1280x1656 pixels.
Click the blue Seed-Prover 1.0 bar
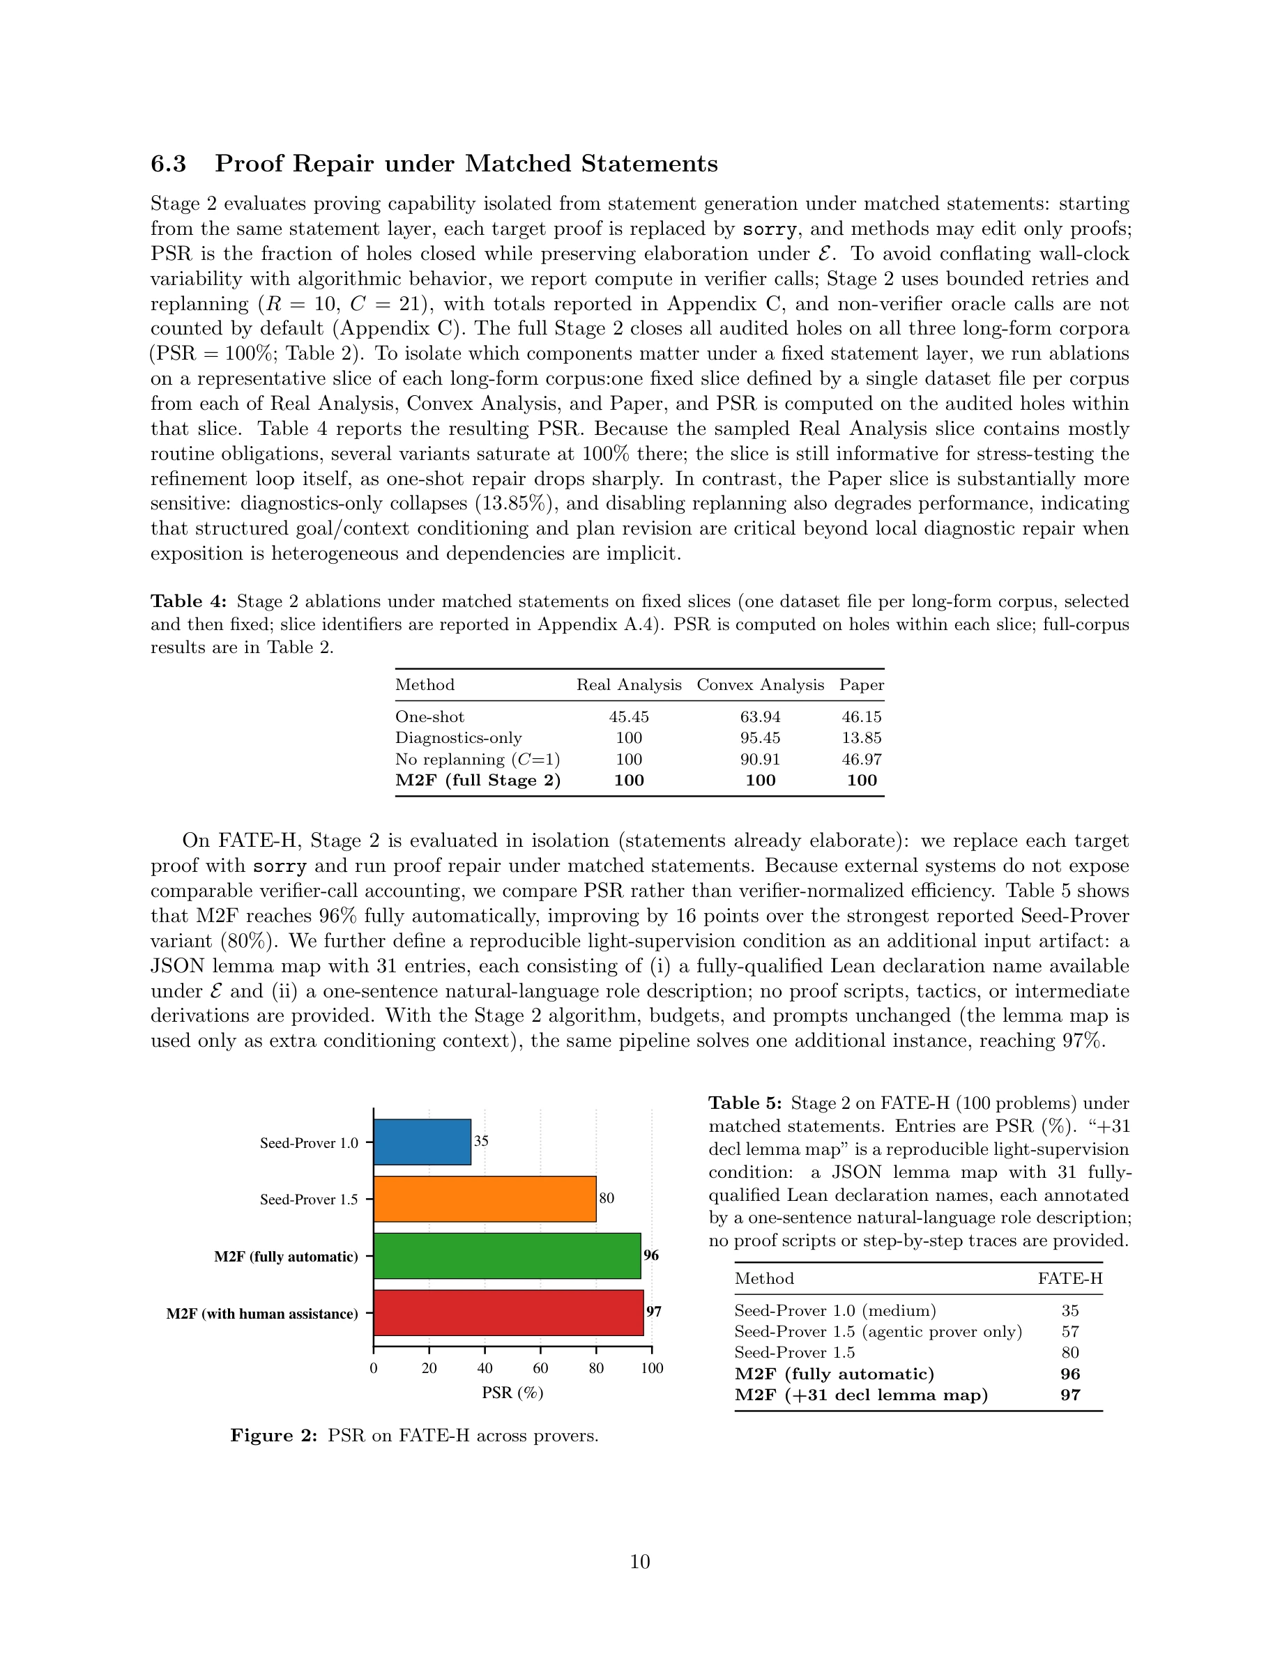[422, 1142]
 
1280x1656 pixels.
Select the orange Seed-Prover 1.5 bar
[485, 1199]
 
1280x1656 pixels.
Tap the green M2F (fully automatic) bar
[507, 1256]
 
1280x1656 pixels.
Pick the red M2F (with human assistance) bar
[508, 1312]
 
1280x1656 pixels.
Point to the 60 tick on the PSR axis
[541, 1368]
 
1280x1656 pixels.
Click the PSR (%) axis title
[512, 1393]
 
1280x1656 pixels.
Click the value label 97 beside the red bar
[654, 1312]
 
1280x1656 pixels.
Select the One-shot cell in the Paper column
[862, 716]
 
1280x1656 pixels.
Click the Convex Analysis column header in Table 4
[760, 684]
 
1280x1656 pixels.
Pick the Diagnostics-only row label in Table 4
[458, 738]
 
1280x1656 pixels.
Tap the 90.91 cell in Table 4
[760, 759]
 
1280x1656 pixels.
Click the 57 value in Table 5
[1070, 1331]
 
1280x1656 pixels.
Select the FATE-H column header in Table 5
[1070, 1278]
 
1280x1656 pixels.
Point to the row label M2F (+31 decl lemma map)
[862, 1395]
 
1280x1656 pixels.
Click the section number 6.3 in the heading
[168, 164]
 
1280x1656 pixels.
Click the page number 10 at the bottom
[640, 1562]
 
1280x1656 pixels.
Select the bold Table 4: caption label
[188, 601]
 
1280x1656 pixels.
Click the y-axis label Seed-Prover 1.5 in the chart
[309, 1199]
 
